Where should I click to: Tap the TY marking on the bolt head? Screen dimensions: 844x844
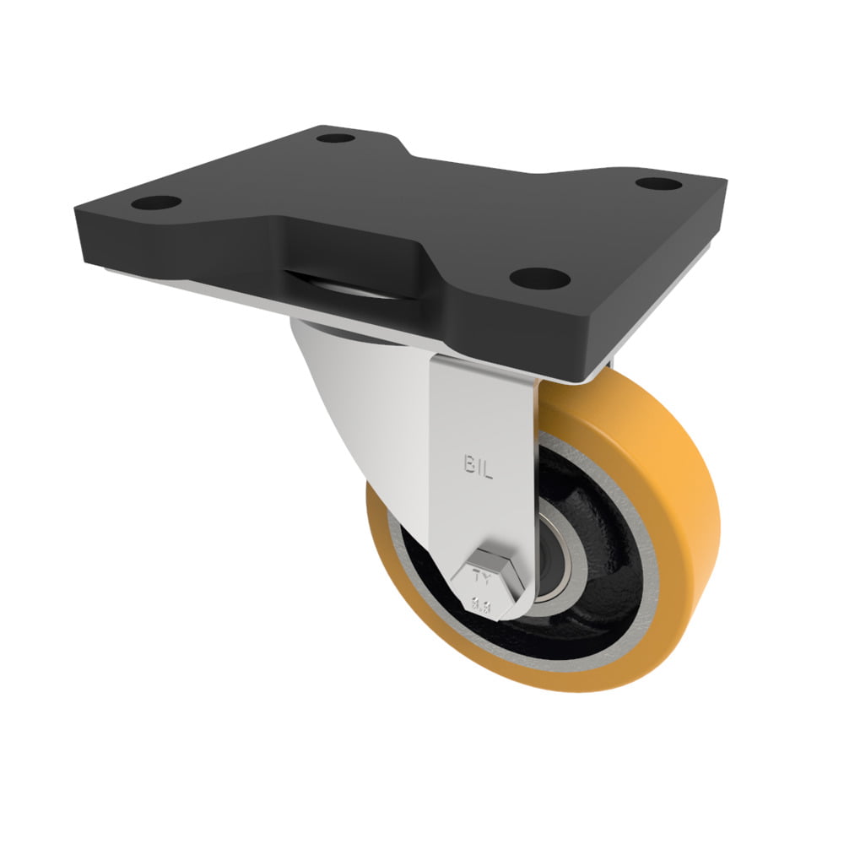484,578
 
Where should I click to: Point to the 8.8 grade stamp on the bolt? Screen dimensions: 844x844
483,603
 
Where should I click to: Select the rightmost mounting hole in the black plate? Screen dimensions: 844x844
658,183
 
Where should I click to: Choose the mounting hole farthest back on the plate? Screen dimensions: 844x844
335,137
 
